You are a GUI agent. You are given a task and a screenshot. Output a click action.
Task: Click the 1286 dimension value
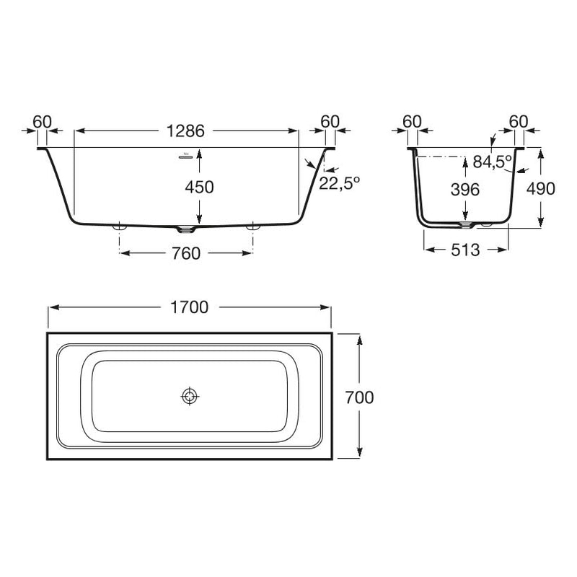click(x=185, y=131)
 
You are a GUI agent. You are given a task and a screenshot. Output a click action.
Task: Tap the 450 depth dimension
click(x=199, y=188)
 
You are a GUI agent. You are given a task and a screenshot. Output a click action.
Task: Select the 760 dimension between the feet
click(x=186, y=254)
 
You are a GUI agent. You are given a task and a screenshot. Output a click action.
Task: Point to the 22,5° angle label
click(x=339, y=183)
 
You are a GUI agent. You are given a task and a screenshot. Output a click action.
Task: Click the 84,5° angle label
click(x=493, y=161)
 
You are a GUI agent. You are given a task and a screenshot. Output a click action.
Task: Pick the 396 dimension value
click(x=465, y=190)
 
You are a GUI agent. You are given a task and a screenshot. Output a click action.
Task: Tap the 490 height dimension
click(x=540, y=189)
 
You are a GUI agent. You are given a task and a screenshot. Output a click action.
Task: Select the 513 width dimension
click(x=465, y=250)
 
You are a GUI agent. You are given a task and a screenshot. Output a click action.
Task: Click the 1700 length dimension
click(x=189, y=307)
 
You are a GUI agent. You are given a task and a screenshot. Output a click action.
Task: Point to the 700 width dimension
click(x=359, y=397)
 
